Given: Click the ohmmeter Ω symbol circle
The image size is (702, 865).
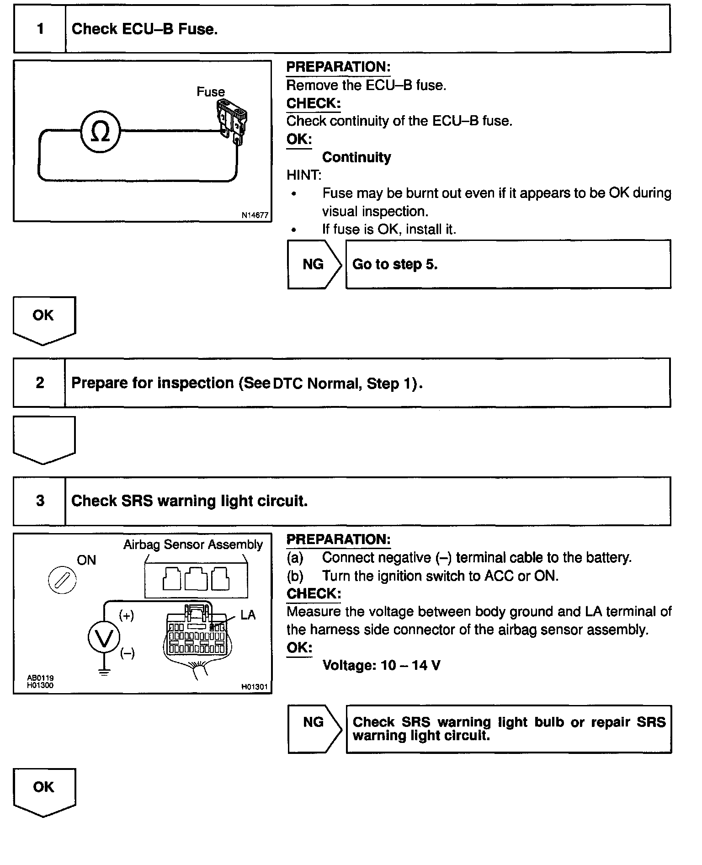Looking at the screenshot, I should pyautogui.click(x=100, y=131).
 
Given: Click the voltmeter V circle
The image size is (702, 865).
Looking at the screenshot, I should pyautogui.click(x=104, y=637).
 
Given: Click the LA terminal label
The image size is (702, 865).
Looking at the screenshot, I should pyautogui.click(x=248, y=615).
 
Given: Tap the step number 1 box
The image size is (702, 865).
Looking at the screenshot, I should pyautogui.click(x=40, y=29).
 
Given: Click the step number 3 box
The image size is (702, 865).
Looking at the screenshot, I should pyautogui.click(x=40, y=501).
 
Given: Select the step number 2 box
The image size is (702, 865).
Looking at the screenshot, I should pyautogui.click(x=40, y=383).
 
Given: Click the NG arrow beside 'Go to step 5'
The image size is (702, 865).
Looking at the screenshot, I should pyautogui.click(x=314, y=264).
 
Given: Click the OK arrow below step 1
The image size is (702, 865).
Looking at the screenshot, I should pyautogui.click(x=44, y=319).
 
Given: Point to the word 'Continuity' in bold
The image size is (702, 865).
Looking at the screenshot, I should pyautogui.click(x=356, y=157).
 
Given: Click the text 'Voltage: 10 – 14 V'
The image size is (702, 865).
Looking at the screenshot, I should pyautogui.click(x=382, y=665).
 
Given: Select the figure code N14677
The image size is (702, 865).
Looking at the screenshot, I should pyautogui.click(x=255, y=215).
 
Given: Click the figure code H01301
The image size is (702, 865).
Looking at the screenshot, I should pyautogui.click(x=255, y=687).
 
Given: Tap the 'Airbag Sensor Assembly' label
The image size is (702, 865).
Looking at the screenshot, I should pyautogui.click(x=193, y=545).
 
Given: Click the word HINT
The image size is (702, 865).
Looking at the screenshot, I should pyautogui.click(x=304, y=175).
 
